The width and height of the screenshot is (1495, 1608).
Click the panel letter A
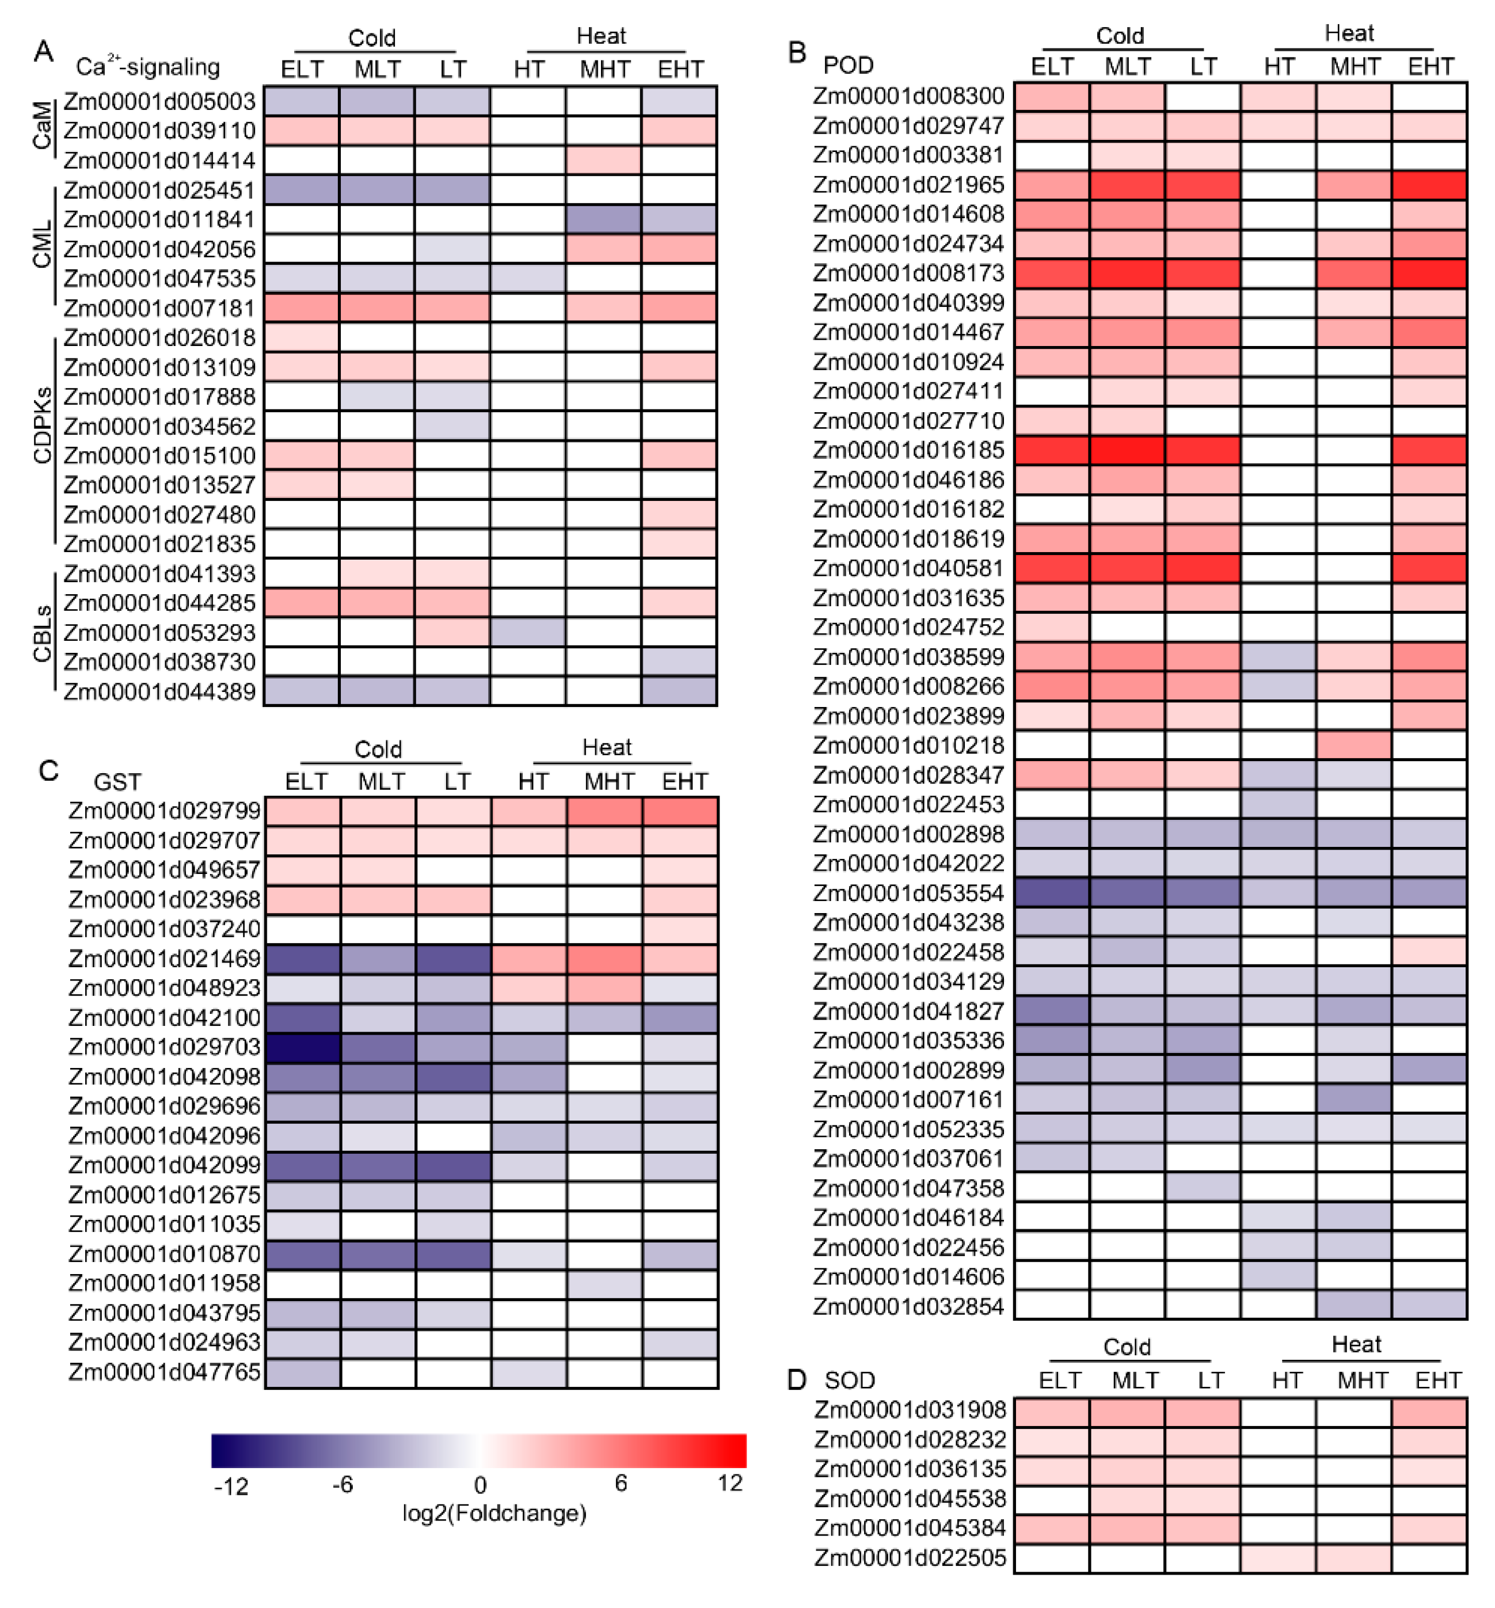point(44,52)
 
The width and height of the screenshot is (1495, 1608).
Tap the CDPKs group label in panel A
point(42,426)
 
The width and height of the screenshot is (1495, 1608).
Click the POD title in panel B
point(848,64)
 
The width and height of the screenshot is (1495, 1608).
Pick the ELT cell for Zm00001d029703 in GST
point(303,1047)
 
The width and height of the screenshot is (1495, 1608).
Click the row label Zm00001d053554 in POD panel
point(908,893)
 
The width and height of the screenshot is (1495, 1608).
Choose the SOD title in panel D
point(850,1380)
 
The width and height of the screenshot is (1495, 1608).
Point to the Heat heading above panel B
point(1349,33)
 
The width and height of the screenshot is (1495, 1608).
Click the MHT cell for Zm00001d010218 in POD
point(1353,746)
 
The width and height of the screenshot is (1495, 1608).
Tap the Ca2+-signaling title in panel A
point(147,66)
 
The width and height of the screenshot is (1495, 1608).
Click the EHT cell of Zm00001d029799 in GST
point(680,811)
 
